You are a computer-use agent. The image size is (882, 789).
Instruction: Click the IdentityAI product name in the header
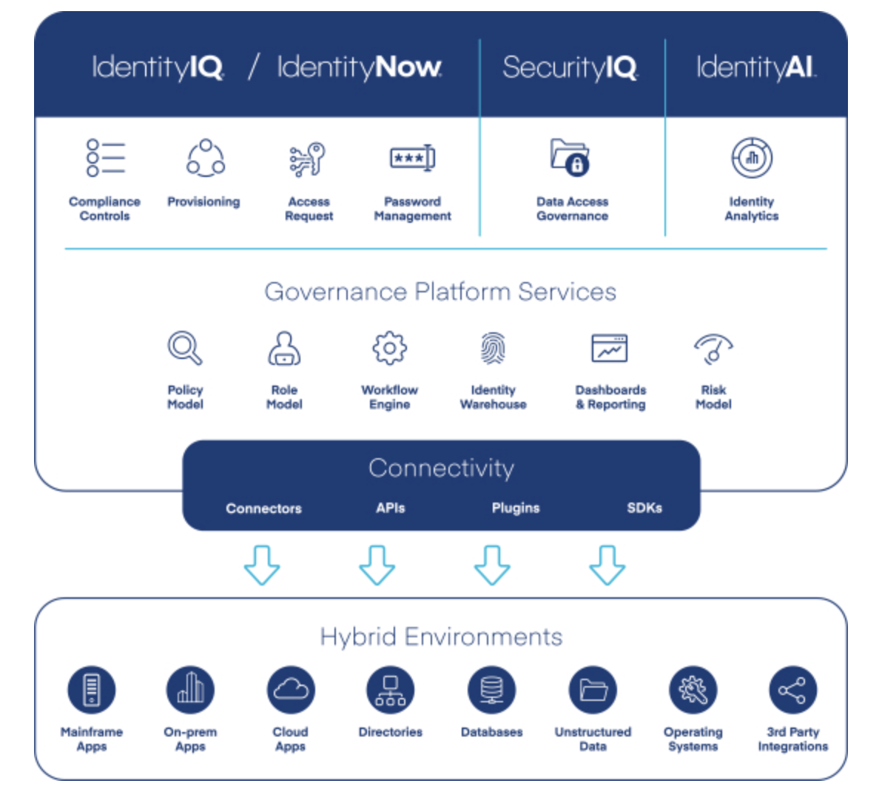click(755, 67)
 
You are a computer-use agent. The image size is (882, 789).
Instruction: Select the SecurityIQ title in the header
click(570, 67)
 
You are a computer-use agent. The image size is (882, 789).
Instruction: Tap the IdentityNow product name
click(359, 67)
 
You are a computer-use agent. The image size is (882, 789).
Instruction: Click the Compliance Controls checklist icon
click(105, 158)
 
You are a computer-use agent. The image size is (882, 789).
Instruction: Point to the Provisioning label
click(203, 201)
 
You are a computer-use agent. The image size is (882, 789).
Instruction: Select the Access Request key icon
click(308, 158)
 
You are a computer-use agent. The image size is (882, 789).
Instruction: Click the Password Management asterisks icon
click(412, 158)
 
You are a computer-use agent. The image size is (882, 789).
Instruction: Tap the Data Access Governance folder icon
click(570, 157)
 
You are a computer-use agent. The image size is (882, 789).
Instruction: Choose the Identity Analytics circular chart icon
click(752, 158)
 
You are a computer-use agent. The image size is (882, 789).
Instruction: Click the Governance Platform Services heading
click(440, 292)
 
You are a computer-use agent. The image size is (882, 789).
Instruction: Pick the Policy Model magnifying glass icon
click(184, 347)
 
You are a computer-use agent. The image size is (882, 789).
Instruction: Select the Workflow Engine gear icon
click(389, 348)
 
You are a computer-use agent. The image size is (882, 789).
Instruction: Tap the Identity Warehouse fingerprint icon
click(493, 348)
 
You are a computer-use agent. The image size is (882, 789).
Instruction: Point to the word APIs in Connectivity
click(390, 508)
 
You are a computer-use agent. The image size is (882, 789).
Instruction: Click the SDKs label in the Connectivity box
click(644, 508)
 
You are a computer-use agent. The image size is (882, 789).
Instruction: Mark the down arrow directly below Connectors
click(262, 565)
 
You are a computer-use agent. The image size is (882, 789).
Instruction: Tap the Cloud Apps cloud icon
click(291, 690)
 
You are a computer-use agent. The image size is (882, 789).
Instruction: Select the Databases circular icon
click(491, 690)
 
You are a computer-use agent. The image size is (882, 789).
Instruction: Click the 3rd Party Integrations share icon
click(792, 690)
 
